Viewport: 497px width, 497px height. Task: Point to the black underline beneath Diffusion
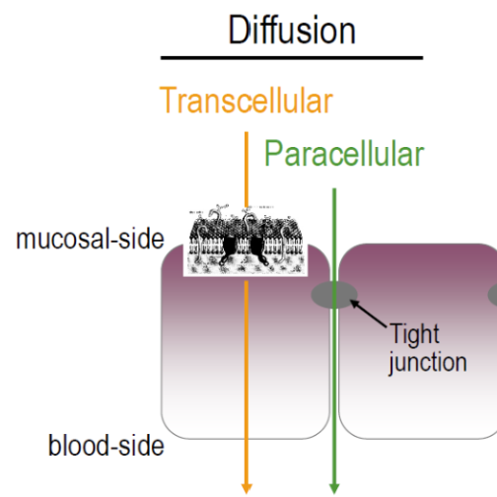tap(292, 58)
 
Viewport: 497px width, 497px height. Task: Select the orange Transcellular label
tap(246, 102)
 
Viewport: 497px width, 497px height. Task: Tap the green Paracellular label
tap(344, 154)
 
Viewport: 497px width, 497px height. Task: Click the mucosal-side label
tap(90, 239)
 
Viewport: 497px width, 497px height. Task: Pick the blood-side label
tap(106, 446)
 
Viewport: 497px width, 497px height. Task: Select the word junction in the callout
tap(427, 362)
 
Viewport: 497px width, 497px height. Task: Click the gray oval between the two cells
tap(334, 294)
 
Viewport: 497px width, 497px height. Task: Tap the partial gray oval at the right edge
tap(492, 294)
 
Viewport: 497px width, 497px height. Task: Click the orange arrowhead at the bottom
tap(247, 485)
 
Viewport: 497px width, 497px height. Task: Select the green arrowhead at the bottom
tap(335, 485)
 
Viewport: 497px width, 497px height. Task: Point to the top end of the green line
tap(335, 189)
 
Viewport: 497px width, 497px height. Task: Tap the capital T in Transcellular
tap(169, 102)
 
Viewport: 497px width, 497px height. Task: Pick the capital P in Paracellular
tap(274, 154)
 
